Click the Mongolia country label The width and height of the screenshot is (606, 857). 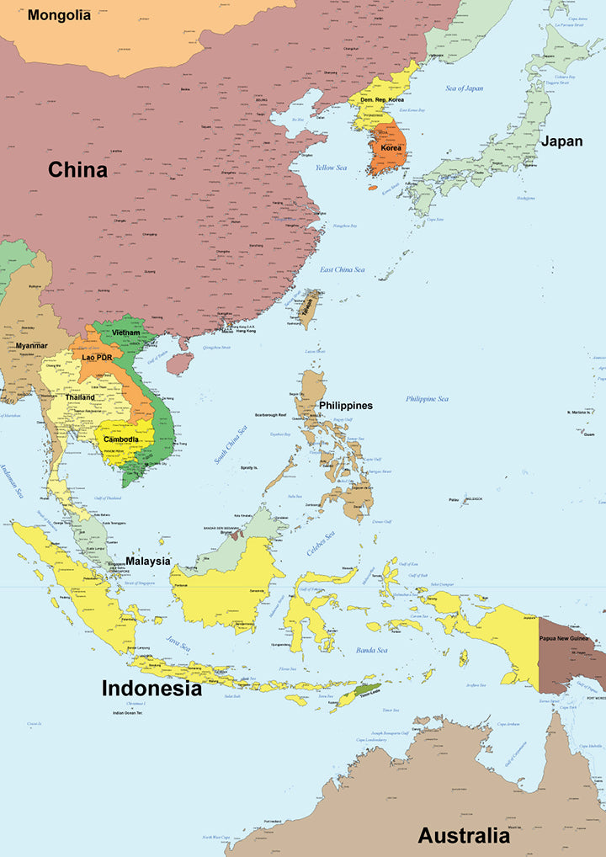[59, 15]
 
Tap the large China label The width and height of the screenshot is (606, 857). [77, 170]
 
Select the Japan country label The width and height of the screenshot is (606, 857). [561, 141]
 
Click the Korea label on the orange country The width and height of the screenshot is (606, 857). [391, 148]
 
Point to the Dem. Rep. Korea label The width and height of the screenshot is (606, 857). [382, 100]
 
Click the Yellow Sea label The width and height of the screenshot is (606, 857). [331, 168]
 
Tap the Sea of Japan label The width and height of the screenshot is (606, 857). [465, 88]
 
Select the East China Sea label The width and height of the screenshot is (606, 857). [343, 269]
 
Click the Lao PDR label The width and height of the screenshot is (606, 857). [97, 357]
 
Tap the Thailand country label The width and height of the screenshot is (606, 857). [80, 397]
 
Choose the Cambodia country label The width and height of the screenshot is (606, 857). [121, 439]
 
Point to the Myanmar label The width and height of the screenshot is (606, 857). [31, 346]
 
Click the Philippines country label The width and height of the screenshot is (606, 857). [345, 406]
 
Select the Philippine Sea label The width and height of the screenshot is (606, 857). [427, 399]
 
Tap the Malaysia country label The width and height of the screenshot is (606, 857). [148, 561]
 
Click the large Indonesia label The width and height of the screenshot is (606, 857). [151, 689]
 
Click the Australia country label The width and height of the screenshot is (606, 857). [464, 836]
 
